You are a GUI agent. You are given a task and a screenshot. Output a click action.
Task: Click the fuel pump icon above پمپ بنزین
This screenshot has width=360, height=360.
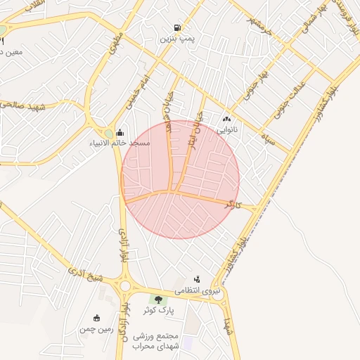coord(174,28)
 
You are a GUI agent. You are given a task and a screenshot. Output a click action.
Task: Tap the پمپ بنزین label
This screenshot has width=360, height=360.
coord(176,39)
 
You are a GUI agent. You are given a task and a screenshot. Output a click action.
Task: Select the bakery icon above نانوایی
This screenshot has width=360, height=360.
coord(226,120)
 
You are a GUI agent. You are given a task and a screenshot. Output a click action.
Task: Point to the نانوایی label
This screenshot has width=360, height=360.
coord(226,130)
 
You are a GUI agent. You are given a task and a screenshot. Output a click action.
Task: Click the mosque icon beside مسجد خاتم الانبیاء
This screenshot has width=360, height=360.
coord(120,132)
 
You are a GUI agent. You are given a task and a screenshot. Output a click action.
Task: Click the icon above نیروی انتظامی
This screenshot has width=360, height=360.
coord(197,279)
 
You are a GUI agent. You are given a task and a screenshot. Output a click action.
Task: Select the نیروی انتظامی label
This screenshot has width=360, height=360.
coord(197,290)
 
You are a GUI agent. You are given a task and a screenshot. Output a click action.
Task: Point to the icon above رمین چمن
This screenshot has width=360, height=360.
coord(96,318)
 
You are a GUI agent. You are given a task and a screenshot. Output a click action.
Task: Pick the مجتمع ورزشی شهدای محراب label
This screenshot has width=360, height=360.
coord(179,341)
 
